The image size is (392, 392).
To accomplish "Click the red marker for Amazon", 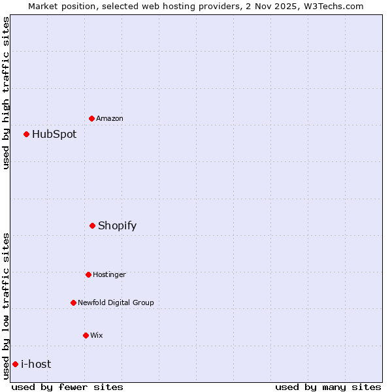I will [92, 118].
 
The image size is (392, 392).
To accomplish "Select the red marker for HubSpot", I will [27, 134].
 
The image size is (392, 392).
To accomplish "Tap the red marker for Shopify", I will [93, 225].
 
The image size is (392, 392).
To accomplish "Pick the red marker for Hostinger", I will [89, 274].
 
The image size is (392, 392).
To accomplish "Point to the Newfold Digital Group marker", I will [74, 302].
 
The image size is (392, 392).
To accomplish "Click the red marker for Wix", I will [86, 335].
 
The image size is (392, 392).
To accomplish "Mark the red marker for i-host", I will [16, 364].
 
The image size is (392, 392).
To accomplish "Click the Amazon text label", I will [110, 118].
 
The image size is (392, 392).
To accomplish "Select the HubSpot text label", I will [54, 134].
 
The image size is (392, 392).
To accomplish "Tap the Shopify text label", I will [118, 225].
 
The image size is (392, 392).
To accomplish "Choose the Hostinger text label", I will [109, 274].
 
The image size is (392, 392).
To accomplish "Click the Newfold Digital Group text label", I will [116, 302].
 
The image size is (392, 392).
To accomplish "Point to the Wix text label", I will [97, 335].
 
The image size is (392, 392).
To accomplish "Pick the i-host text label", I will [36, 364].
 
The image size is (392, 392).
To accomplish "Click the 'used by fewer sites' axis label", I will [67, 387].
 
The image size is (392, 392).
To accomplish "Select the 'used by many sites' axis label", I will [328, 387].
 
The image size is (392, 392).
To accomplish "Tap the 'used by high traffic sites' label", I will [6, 93].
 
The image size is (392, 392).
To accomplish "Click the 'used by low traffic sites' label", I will [6, 306].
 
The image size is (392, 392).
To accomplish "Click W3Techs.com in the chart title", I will [333, 6].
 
